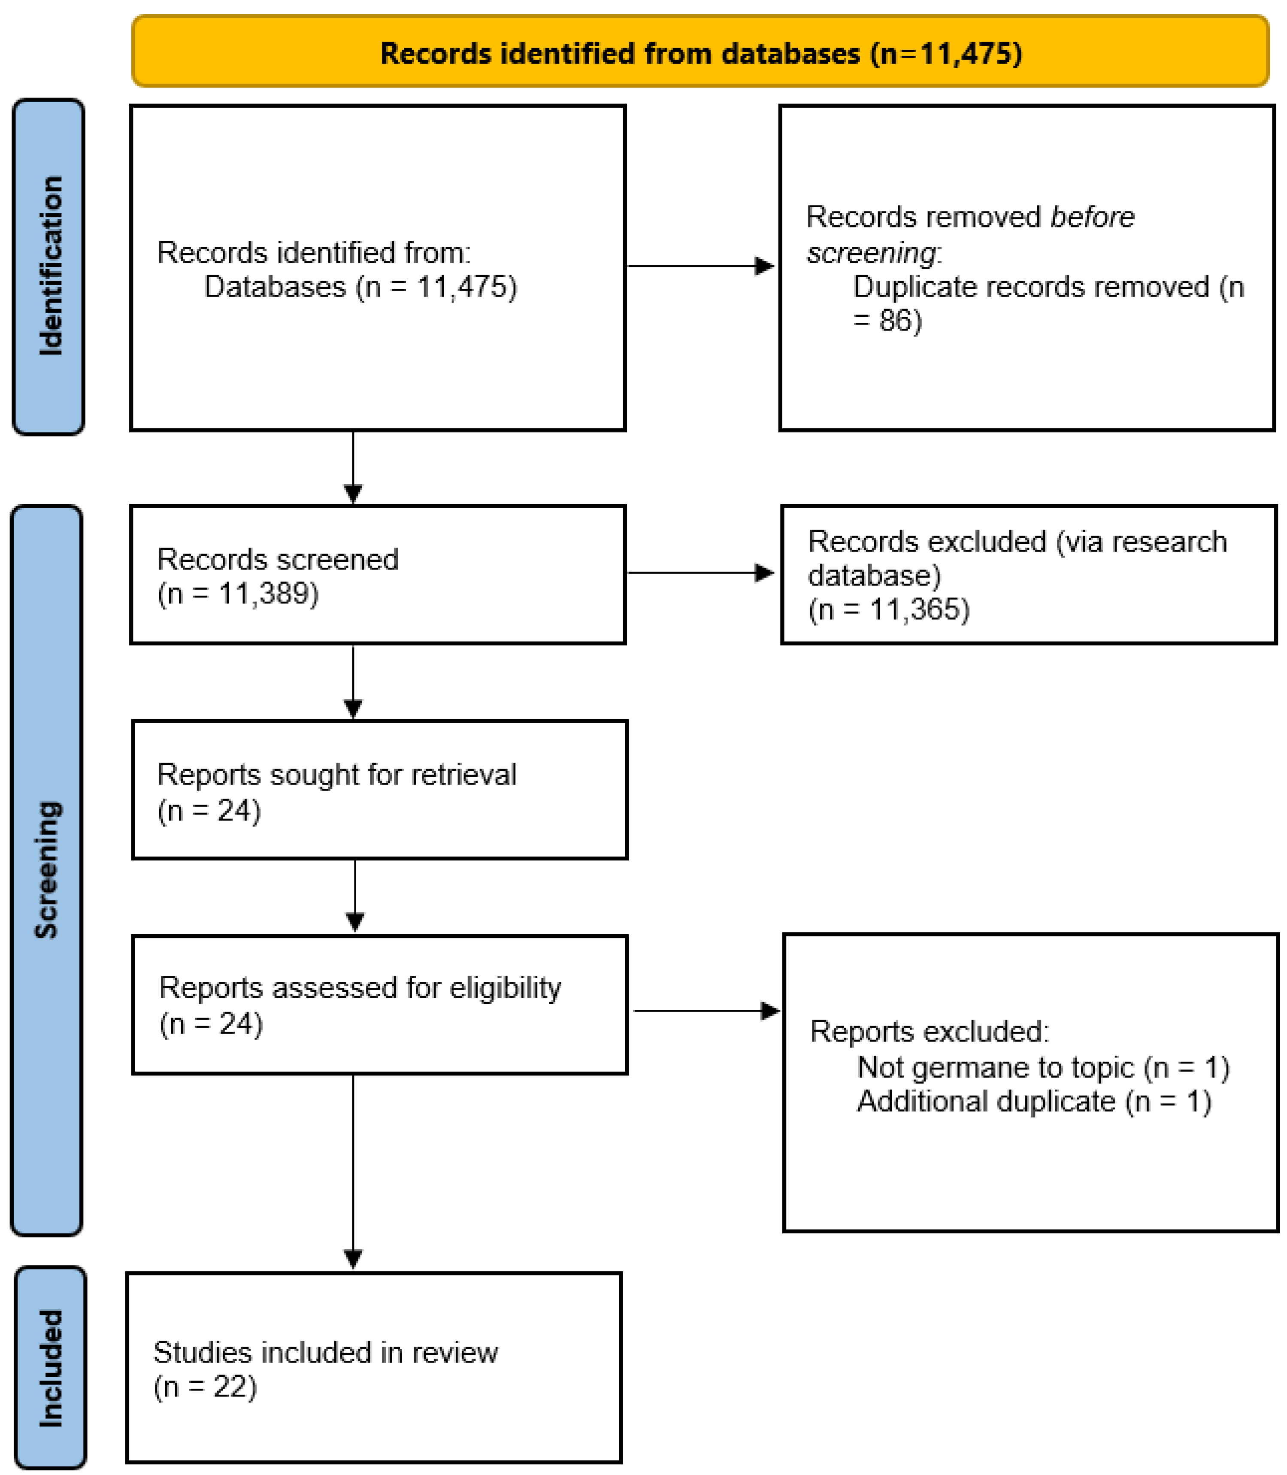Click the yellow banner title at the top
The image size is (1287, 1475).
coord(700,53)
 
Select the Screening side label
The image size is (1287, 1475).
coord(47,869)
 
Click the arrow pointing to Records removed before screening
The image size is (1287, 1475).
coord(700,266)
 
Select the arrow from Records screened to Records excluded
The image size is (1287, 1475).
coord(700,572)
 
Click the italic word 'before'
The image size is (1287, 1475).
coord(1092,217)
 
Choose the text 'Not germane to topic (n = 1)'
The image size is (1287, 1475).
coord(1043,1068)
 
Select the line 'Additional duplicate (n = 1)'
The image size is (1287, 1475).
coord(1034,1102)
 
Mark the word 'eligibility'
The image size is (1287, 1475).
coord(505,988)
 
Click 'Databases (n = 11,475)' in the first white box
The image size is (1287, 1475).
coord(360,287)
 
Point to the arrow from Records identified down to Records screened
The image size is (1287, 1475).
coord(353,467)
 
